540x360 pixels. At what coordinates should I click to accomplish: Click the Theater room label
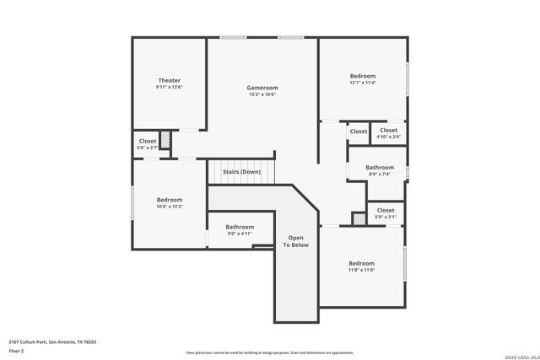[169, 80]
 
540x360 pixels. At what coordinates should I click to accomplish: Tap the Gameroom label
[262, 88]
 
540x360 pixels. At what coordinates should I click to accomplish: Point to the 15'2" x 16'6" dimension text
[262, 94]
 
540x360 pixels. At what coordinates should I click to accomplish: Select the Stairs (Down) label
[241, 172]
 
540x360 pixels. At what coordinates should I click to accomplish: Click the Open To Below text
[295, 241]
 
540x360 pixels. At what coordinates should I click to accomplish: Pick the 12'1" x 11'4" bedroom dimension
[363, 83]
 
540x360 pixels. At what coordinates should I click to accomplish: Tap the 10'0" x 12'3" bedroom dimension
[170, 207]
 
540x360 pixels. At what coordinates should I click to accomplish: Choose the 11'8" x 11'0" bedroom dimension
[362, 270]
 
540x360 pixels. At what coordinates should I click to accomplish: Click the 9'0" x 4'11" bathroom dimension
[240, 234]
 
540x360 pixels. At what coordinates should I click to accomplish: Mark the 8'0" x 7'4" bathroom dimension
[380, 175]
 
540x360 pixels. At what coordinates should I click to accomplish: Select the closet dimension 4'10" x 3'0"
[388, 137]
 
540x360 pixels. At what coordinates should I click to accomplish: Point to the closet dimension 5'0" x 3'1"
[386, 217]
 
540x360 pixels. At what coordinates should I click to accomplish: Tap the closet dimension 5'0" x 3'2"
[148, 148]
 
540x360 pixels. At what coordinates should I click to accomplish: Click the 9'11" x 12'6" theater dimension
[169, 87]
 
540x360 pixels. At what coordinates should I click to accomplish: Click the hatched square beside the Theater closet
[165, 140]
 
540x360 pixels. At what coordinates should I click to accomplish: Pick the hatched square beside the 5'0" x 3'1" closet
[359, 218]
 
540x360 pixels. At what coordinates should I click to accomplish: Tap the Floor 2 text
[17, 349]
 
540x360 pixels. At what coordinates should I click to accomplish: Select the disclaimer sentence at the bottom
[270, 353]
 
